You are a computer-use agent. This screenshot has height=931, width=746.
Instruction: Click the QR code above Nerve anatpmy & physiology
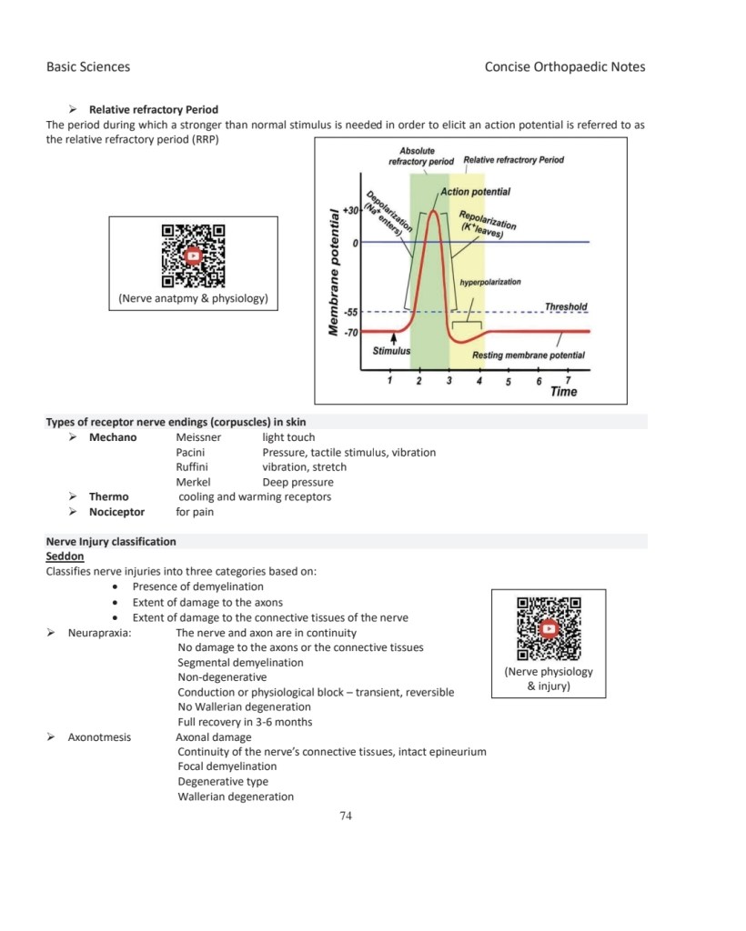[193, 255]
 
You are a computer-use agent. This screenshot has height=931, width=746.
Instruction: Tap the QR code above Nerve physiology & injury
[549, 628]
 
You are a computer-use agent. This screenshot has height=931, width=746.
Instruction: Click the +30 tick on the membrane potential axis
[348, 209]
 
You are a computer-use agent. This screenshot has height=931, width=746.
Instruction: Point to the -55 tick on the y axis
[349, 312]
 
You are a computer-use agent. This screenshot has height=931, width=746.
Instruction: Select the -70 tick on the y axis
[349, 332]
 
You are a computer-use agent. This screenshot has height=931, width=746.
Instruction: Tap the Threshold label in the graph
[565, 307]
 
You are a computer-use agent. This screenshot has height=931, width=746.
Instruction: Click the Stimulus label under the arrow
[391, 350]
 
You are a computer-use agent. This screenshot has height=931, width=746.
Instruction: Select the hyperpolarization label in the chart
[490, 282]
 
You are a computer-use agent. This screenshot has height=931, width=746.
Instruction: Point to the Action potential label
[476, 192]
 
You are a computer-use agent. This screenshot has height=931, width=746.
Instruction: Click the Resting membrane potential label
[528, 355]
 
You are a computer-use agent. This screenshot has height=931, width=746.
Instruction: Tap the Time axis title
[563, 392]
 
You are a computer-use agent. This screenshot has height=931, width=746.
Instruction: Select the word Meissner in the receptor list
[198, 437]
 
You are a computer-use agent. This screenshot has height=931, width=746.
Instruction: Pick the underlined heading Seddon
[65, 556]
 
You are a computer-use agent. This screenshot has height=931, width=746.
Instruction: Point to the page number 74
[345, 816]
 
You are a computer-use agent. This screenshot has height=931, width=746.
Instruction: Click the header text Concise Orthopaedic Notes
[565, 66]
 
